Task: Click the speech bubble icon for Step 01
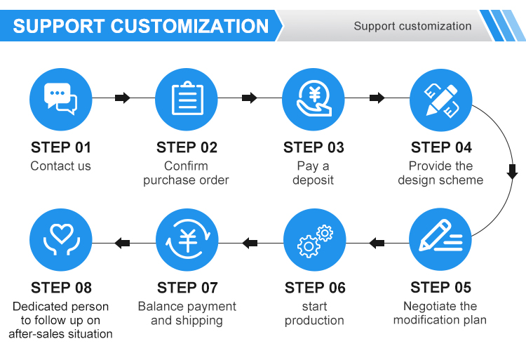coord(61,99)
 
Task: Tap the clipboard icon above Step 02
coord(187,98)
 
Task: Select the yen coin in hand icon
coord(314,99)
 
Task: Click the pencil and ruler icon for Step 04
coord(441,100)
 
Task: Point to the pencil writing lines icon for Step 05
coord(441,236)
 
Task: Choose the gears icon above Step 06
coord(315,241)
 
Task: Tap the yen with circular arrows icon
coord(187,239)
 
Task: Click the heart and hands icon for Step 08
coord(62,239)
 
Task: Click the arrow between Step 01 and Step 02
coord(123,98)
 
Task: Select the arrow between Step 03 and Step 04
coord(377,98)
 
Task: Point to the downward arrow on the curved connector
coord(512,172)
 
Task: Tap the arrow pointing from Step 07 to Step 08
coord(122,243)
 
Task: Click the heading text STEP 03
coord(313,147)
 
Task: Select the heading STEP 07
coord(187,288)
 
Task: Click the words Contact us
coord(61,166)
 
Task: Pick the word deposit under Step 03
coord(313,180)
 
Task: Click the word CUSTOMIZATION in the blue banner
coord(189,26)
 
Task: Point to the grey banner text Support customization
coord(412,26)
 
